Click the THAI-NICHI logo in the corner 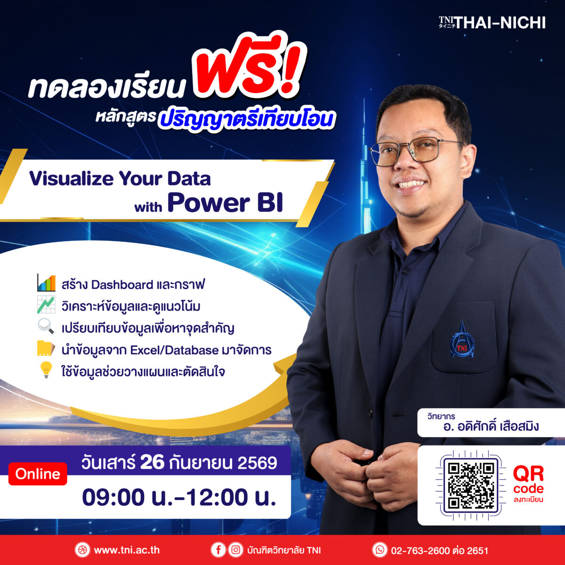pos(492,23)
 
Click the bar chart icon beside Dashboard pos(46,282)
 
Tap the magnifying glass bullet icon pos(46,326)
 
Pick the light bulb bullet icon pos(46,370)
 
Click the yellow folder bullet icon pos(46,348)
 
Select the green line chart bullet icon pos(46,305)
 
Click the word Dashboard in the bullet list pos(122,285)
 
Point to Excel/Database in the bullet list pos(174,350)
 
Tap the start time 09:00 pos(113,497)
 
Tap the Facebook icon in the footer pos(218,550)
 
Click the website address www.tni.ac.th pos(127,550)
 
